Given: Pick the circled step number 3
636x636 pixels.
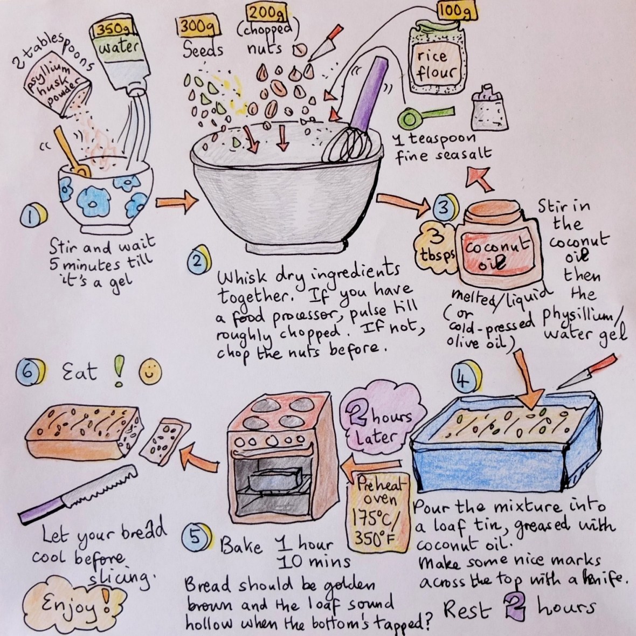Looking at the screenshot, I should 442,209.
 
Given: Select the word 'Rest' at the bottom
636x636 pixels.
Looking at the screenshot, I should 468,610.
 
